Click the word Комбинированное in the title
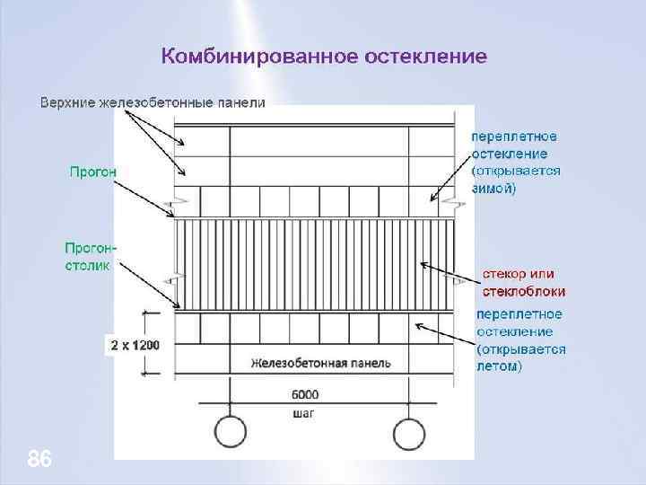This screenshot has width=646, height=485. pos(258,57)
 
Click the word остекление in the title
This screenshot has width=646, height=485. pos(426,57)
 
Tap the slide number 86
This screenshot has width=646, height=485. pos(39,460)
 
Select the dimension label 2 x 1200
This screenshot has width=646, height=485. pos(135,345)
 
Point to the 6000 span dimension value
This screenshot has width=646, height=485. pos(305,393)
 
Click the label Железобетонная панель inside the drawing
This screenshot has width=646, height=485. pos(320,364)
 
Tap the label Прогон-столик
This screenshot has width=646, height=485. pos(91,255)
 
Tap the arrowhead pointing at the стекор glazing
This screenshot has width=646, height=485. pos(423,264)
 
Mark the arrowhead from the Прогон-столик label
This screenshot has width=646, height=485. pos(172,306)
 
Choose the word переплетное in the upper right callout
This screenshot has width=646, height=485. pos(514,137)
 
